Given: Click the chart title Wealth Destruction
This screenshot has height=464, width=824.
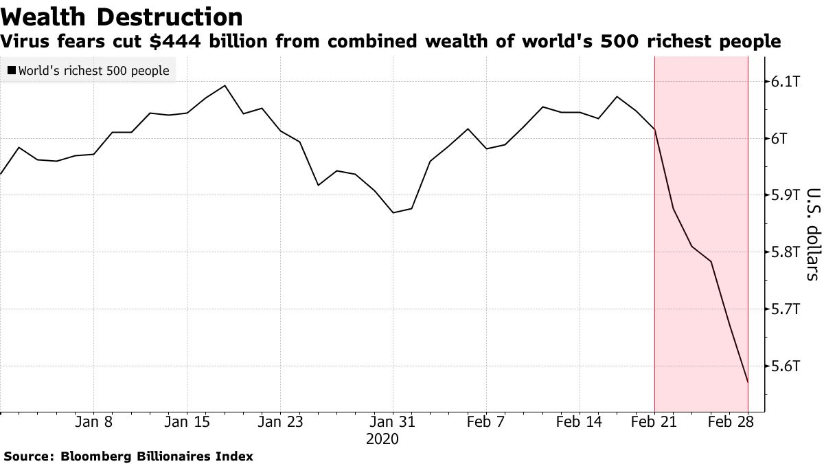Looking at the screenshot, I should click(x=122, y=16).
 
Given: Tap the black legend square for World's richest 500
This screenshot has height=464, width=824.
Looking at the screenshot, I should click(x=12, y=71).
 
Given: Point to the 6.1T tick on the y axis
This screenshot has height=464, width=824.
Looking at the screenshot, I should click(x=784, y=82).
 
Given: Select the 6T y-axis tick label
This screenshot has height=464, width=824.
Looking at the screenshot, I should click(x=779, y=139).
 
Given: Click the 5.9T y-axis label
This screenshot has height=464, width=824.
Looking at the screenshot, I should click(x=784, y=195).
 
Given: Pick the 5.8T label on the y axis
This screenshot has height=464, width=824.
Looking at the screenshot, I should click(x=784, y=252).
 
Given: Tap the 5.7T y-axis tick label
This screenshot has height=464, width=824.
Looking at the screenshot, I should click(x=784, y=309).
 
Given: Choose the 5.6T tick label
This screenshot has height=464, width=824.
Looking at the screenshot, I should click(x=784, y=366).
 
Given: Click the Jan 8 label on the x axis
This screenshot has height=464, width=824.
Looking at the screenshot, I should click(x=93, y=422).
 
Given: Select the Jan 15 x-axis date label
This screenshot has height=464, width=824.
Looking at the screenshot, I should click(x=187, y=422).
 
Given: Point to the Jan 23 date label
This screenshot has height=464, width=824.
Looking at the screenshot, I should click(x=280, y=422).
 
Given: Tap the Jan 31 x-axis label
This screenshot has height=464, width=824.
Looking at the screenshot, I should click(x=393, y=422).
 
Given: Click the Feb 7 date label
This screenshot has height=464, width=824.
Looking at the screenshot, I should click(x=486, y=422).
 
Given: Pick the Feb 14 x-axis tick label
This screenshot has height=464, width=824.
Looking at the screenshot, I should click(x=580, y=422).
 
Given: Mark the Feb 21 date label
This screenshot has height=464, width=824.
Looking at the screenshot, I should click(x=654, y=422).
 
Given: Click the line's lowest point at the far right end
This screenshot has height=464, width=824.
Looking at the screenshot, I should click(x=748, y=382).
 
